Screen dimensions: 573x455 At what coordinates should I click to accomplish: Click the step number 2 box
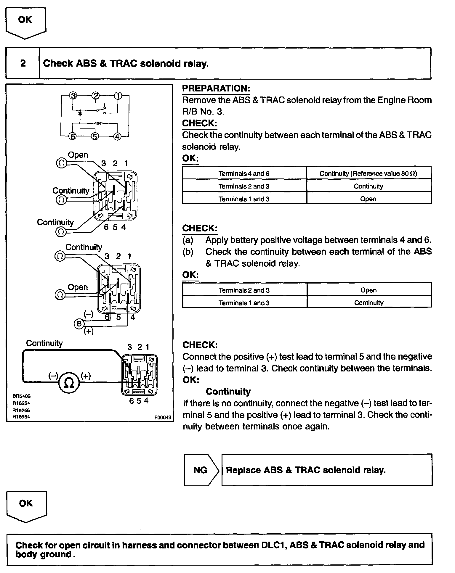click(23, 63)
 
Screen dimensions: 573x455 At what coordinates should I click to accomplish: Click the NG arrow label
click(201, 470)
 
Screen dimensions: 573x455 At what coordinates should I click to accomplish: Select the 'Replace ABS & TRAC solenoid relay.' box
click(326, 470)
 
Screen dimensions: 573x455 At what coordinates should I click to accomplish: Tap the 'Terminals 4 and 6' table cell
click(244, 174)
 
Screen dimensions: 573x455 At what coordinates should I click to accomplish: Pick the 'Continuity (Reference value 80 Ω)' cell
click(368, 174)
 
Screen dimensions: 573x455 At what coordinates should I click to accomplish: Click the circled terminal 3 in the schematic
click(73, 96)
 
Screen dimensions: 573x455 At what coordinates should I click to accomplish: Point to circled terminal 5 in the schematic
click(94, 136)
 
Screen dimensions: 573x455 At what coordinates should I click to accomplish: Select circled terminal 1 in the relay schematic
click(118, 96)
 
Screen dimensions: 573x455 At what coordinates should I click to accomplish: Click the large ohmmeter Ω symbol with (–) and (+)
click(69, 383)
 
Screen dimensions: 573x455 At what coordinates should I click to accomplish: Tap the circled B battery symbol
click(79, 324)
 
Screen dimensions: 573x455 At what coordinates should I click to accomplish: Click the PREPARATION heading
click(216, 88)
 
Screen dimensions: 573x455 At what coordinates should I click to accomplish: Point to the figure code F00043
click(163, 417)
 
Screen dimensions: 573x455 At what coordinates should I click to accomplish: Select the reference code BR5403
click(21, 396)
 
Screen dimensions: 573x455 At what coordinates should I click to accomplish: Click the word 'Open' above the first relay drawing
click(78, 155)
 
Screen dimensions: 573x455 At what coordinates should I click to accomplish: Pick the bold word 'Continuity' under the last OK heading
click(228, 392)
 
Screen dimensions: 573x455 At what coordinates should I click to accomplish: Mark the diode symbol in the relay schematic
click(80, 113)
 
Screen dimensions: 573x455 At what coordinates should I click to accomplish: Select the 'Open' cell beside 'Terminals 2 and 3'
click(369, 290)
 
